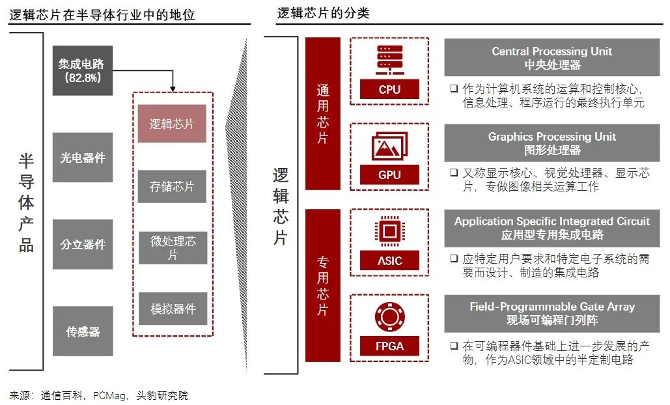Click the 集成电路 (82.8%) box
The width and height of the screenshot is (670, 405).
coord(82,70)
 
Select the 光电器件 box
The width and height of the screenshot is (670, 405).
coord(82,158)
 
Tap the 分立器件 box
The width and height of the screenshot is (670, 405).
coord(82,244)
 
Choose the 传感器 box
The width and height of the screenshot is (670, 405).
coord(82,331)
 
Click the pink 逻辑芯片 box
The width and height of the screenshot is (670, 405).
coord(172,124)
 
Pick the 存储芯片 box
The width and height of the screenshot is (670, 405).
coord(172,187)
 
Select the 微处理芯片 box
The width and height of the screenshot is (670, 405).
coord(172,247)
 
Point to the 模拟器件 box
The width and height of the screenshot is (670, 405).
coord(172,309)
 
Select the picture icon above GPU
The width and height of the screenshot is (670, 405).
coord(389,147)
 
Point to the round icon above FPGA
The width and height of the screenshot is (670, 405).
coord(389,317)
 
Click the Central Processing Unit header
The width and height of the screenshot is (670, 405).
coord(551,58)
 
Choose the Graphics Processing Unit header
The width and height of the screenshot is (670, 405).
coord(551,143)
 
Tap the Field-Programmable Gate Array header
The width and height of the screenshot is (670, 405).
coord(551,313)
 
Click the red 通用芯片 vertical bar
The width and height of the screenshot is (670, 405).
coord(323,113)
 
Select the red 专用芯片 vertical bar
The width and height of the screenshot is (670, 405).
coord(323,285)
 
